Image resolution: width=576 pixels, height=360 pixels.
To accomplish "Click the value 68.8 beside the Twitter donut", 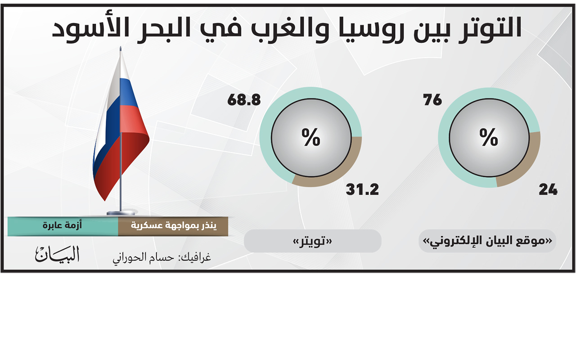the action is [244, 100].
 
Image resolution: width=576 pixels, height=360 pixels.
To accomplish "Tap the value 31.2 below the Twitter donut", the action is [362, 190].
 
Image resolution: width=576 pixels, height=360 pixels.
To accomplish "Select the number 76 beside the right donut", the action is [432, 100].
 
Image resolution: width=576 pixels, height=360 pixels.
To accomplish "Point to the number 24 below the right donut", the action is [548, 190].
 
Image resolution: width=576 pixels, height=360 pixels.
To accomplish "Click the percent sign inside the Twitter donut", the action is [311, 137].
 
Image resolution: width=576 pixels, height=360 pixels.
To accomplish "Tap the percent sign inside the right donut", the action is [489, 137].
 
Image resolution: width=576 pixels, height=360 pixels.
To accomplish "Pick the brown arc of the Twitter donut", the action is [342, 173].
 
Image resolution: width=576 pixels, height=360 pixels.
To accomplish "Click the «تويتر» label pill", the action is [312, 241].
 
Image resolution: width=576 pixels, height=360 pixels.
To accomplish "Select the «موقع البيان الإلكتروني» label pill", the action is [487, 241].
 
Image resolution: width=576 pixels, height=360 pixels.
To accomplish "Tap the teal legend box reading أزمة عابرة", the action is [63, 226].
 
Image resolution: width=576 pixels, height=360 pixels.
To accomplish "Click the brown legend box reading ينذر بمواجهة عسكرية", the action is [173, 226].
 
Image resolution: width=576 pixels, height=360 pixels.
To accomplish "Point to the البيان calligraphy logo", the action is [57, 254].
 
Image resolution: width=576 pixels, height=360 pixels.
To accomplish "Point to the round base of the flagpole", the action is [121, 213].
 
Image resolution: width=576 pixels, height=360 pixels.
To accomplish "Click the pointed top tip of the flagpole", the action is [120, 46].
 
